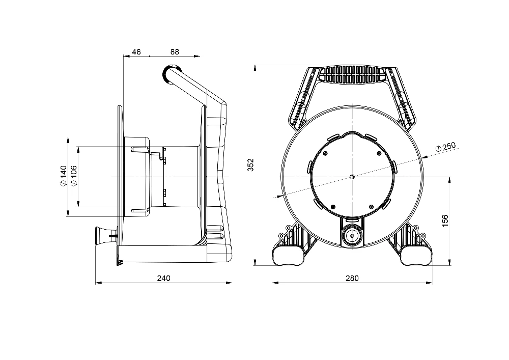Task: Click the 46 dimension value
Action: pos(136,52)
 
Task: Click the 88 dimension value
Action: pos(175,52)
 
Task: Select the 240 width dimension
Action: pos(163,278)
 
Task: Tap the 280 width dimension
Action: pos(352,278)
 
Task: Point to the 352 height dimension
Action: pos(250,165)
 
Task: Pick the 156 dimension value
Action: pos(445,221)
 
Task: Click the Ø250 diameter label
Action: pos(445,147)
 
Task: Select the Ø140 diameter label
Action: pos(63,176)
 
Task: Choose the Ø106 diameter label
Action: pos(74,176)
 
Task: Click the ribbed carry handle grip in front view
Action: pos(352,74)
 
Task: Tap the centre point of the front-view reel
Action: pos(352,177)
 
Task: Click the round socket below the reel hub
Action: pos(352,236)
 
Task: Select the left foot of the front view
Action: pos(289,254)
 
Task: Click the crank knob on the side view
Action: pos(100,236)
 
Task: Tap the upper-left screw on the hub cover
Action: pos(326,153)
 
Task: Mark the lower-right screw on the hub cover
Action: pos(372,207)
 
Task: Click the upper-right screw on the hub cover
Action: pos(379,153)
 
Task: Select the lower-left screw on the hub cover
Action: pos(333,207)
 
